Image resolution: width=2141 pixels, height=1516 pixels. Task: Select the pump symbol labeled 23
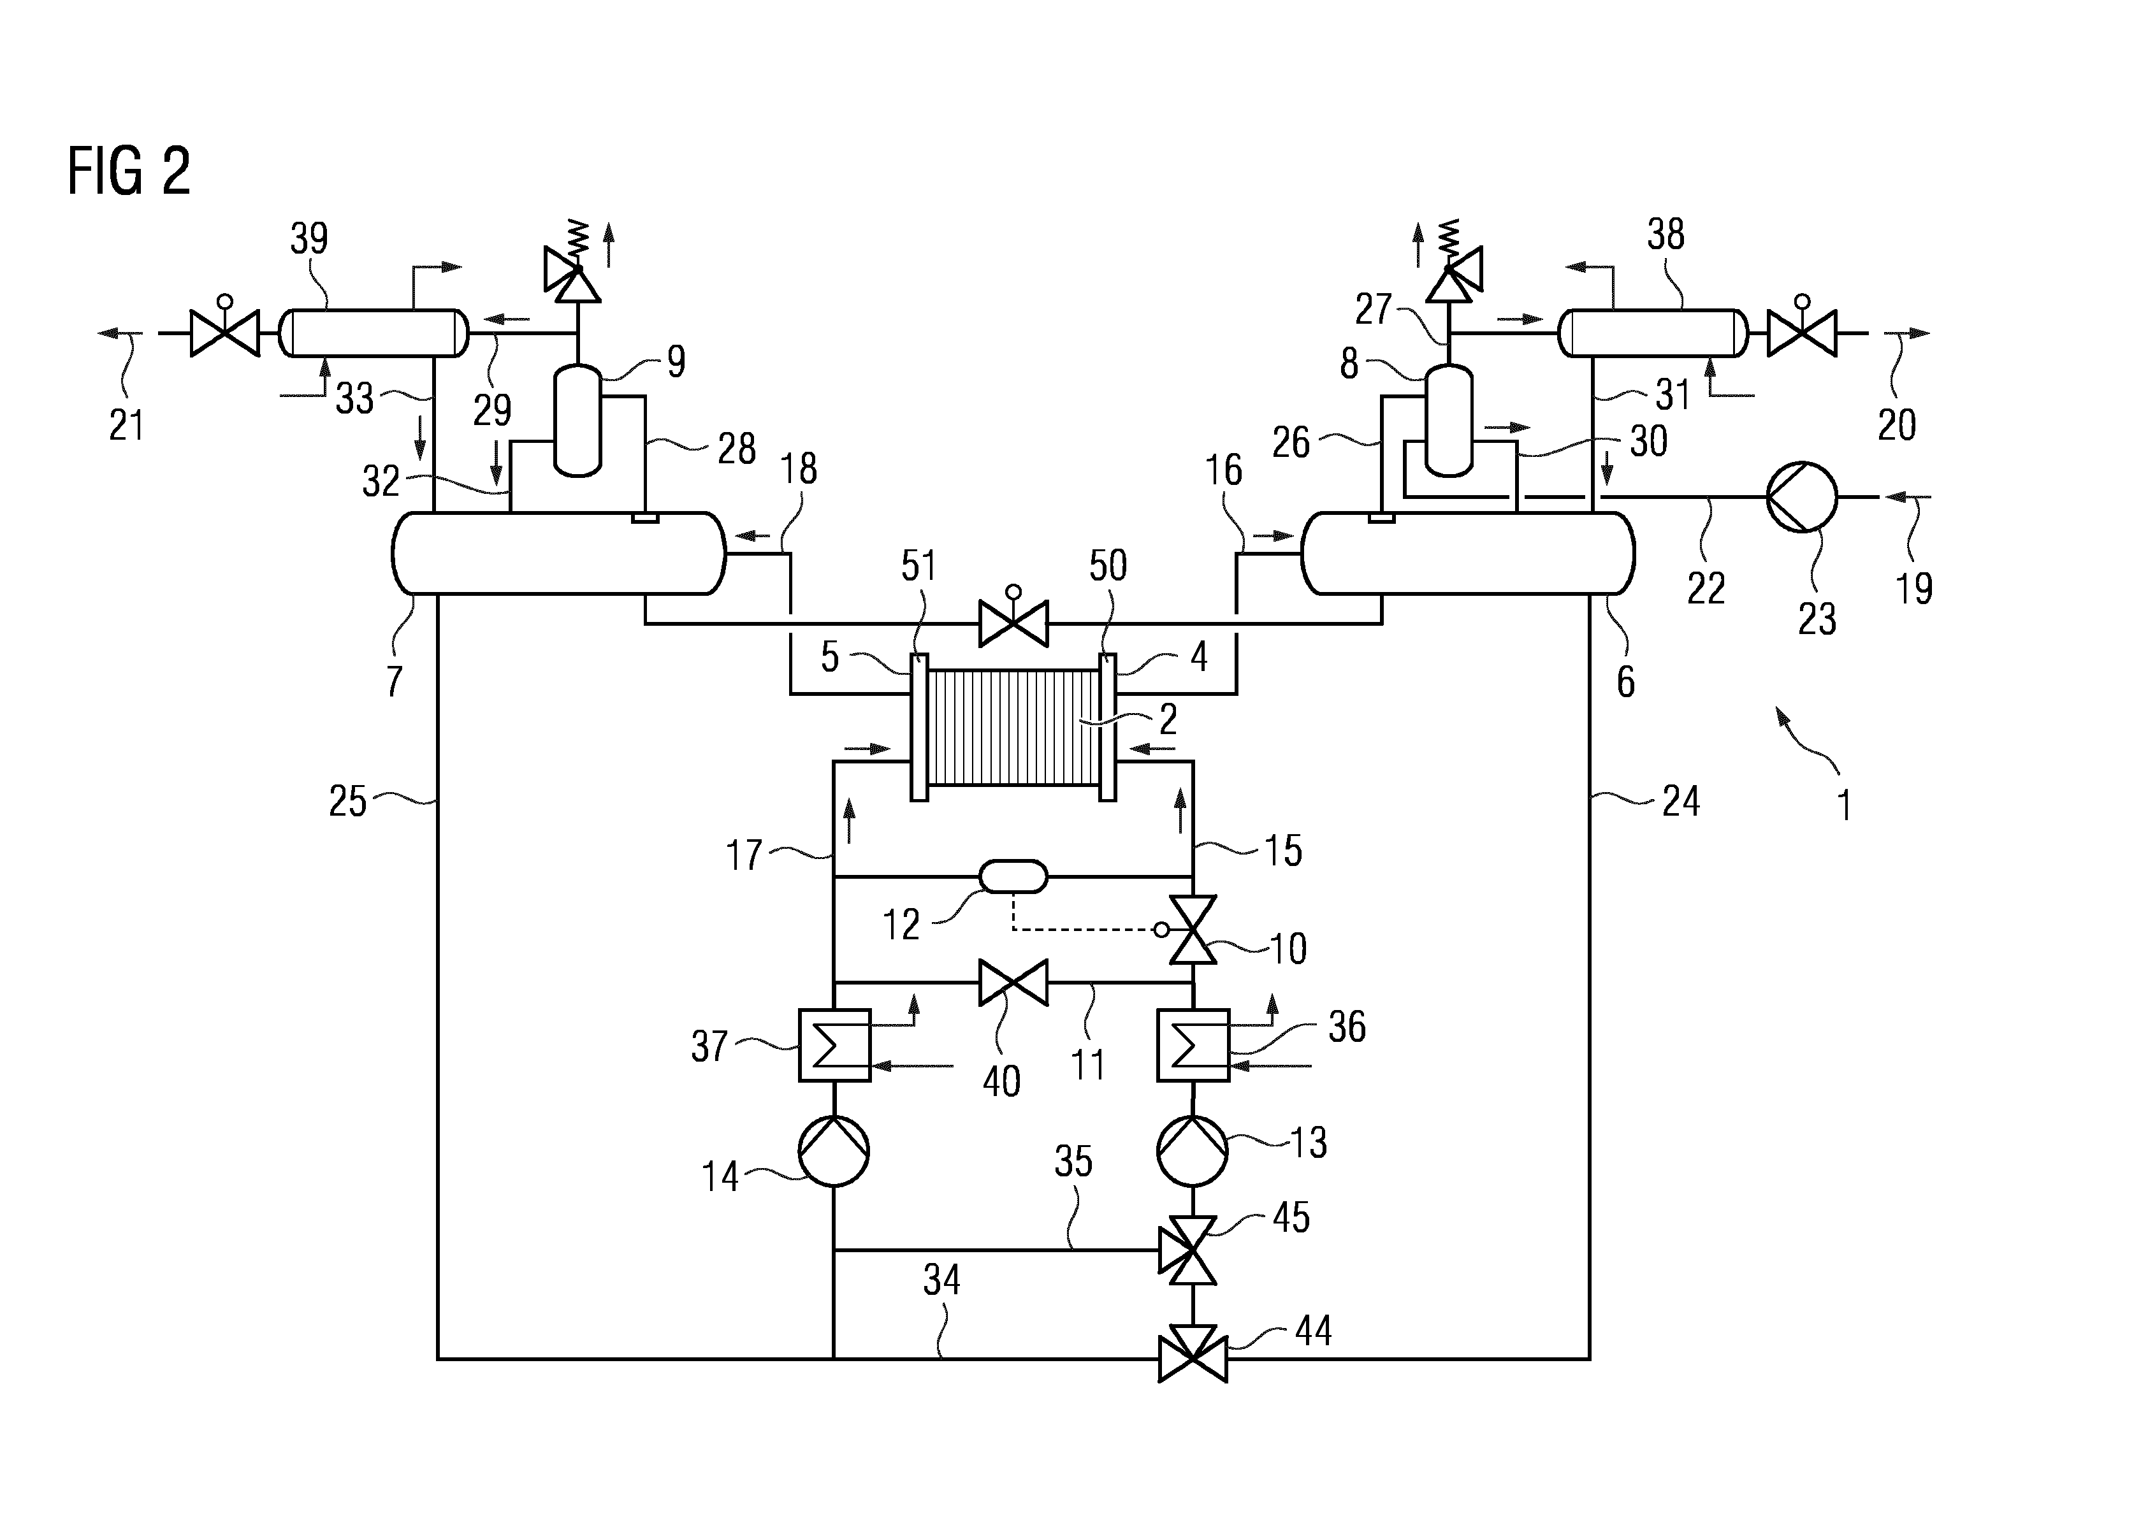tap(1801, 498)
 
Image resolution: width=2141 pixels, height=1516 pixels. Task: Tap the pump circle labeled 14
tap(834, 1151)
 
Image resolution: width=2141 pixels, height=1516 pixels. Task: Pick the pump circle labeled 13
tap(1193, 1151)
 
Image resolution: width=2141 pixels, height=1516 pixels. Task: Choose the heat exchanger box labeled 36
tap(1193, 1046)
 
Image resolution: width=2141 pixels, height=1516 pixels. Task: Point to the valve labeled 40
tap(1013, 983)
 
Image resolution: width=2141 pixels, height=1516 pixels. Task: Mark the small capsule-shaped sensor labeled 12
tap(1013, 877)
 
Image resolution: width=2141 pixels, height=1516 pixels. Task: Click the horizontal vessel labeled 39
tap(374, 333)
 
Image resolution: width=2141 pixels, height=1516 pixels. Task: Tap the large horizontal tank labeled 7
tap(558, 552)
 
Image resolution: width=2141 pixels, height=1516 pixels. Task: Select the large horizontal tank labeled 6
tap(1468, 552)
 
